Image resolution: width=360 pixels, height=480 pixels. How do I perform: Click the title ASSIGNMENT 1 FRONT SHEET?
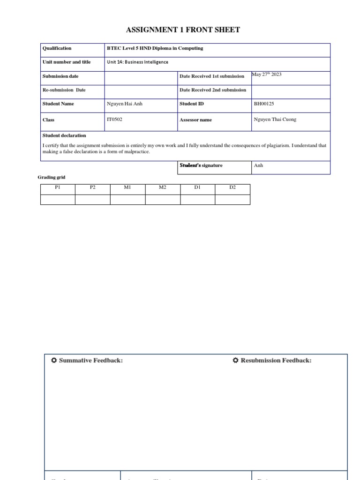tap(183, 30)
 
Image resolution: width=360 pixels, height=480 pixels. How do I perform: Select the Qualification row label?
tap(57, 48)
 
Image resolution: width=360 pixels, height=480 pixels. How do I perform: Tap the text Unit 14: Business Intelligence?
tap(137, 62)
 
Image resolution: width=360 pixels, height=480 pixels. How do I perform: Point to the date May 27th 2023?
tap(267, 75)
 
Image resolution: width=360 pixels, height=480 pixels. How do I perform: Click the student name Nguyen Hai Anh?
tap(124, 104)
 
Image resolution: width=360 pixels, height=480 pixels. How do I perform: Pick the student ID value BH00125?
tap(264, 104)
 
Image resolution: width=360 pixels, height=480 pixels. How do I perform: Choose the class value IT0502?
tap(114, 120)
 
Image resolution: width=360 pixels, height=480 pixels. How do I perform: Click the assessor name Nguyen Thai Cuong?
tap(275, 120)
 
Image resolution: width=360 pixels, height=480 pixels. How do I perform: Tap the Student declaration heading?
tap(64, 135)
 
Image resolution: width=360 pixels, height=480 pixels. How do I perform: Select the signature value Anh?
tap(258, 165)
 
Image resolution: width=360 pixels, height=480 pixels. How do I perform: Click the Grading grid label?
tap(52, 177)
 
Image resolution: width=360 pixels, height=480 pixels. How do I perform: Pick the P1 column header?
tap(58, 187)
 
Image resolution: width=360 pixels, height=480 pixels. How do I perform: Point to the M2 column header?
tap(162, 187)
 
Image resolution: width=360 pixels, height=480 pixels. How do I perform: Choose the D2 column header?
tap(232, 187)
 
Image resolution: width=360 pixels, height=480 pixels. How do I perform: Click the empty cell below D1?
tap(197, 200)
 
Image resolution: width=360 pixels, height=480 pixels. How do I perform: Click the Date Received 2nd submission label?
tap(213, 90)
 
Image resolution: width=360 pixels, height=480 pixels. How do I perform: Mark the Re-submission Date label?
tap(64, 90)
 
